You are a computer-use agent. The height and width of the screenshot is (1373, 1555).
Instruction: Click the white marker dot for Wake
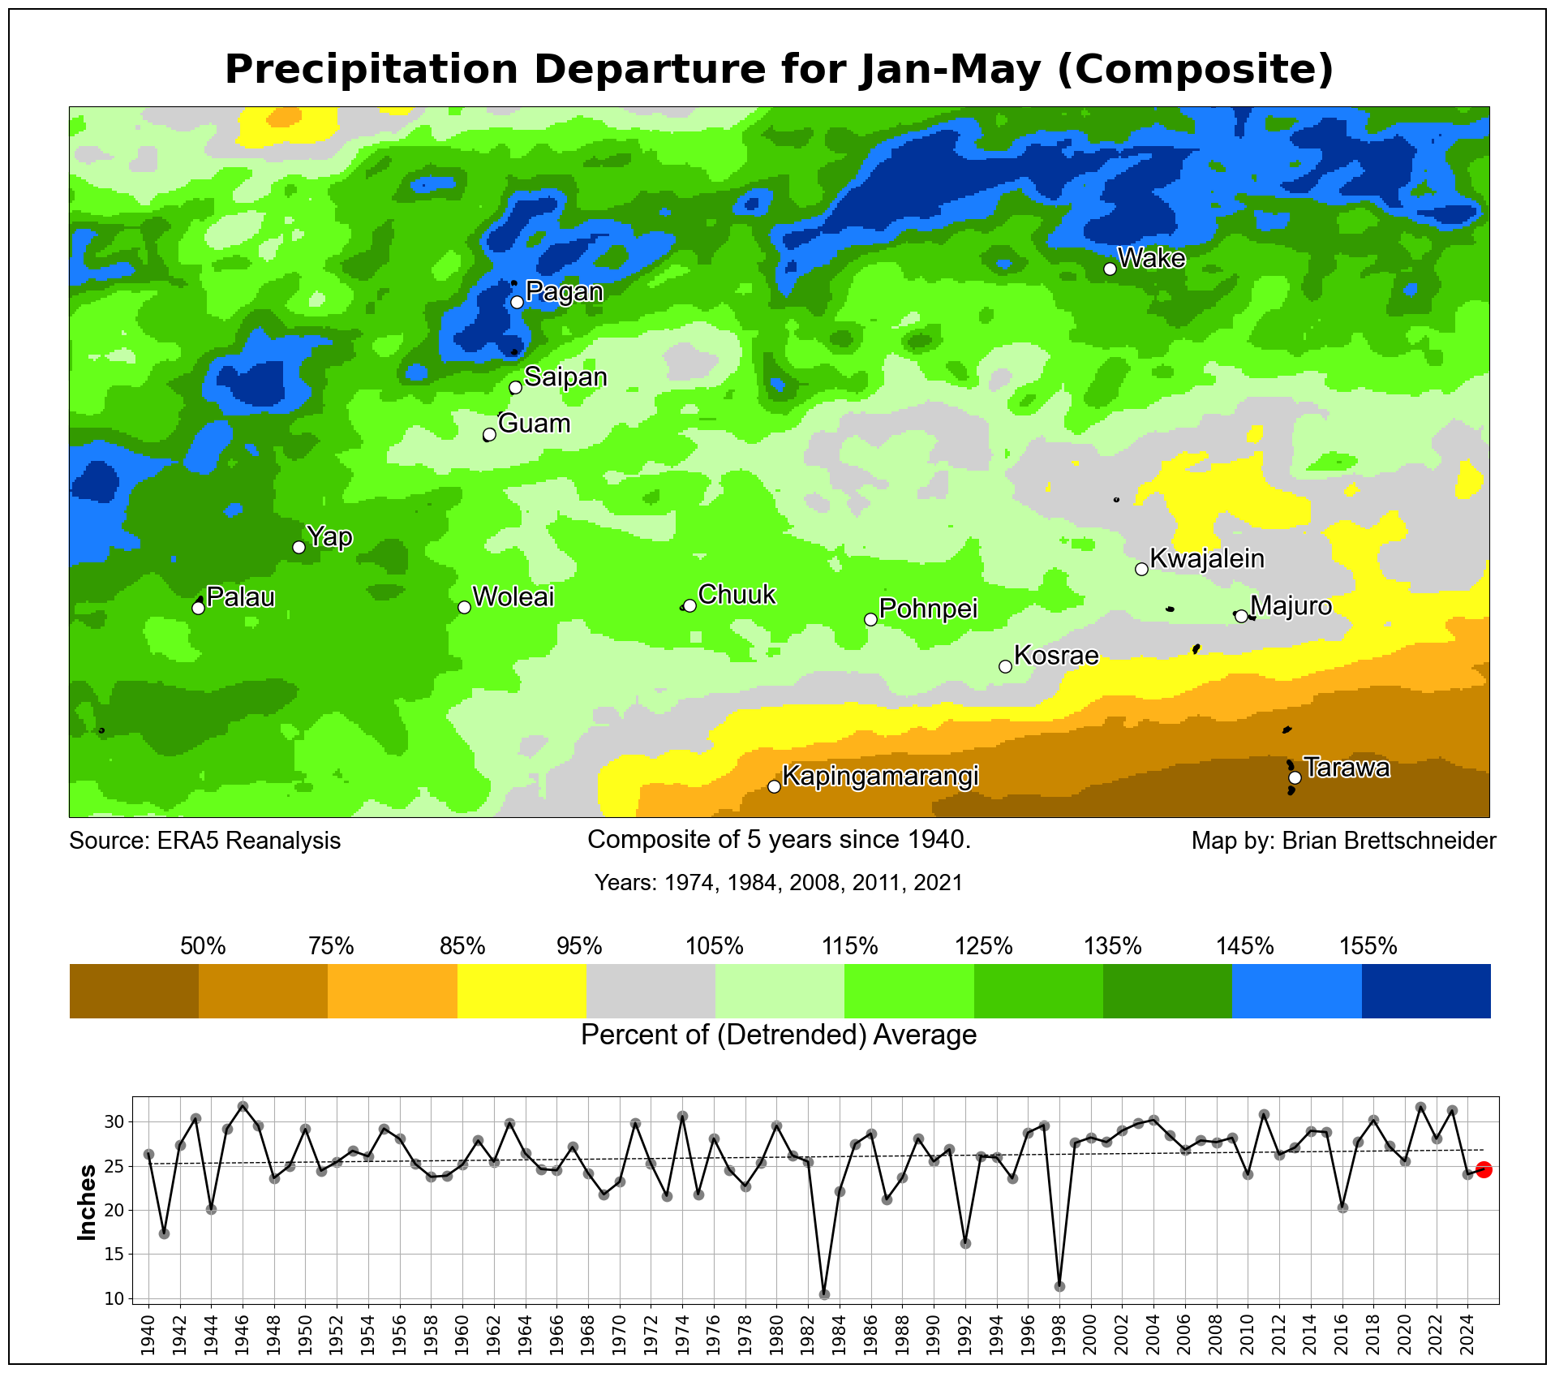click(1110, 269)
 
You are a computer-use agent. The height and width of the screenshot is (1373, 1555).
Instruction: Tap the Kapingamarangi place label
click(880, 777)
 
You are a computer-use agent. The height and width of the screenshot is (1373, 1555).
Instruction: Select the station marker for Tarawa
click(1295, 777)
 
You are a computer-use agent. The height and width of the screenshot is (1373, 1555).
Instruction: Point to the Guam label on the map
click(534, 424)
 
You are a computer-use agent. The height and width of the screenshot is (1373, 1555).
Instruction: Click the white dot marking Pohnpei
click(870, 619)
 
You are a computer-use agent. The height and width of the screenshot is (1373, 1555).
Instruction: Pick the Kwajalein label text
click(1207, 558)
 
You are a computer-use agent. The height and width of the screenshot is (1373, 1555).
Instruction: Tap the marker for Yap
click(299, 547)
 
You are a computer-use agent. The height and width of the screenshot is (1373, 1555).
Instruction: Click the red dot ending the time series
click(1484, 1169)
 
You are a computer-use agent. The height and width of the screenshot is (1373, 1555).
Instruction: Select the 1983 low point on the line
click(824, 1294)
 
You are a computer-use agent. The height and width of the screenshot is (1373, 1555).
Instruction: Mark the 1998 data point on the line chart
click(1059, 1286)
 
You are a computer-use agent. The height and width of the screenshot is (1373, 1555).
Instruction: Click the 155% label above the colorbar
click(1368, 946)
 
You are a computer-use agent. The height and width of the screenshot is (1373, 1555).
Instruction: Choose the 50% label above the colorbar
click(203, 946)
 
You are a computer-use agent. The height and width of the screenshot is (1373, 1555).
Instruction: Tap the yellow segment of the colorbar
click(522, 991)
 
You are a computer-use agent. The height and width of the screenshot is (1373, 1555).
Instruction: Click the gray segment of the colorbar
click(651, 991)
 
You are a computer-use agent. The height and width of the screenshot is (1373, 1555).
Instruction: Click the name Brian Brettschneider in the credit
click(1389, 841)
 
